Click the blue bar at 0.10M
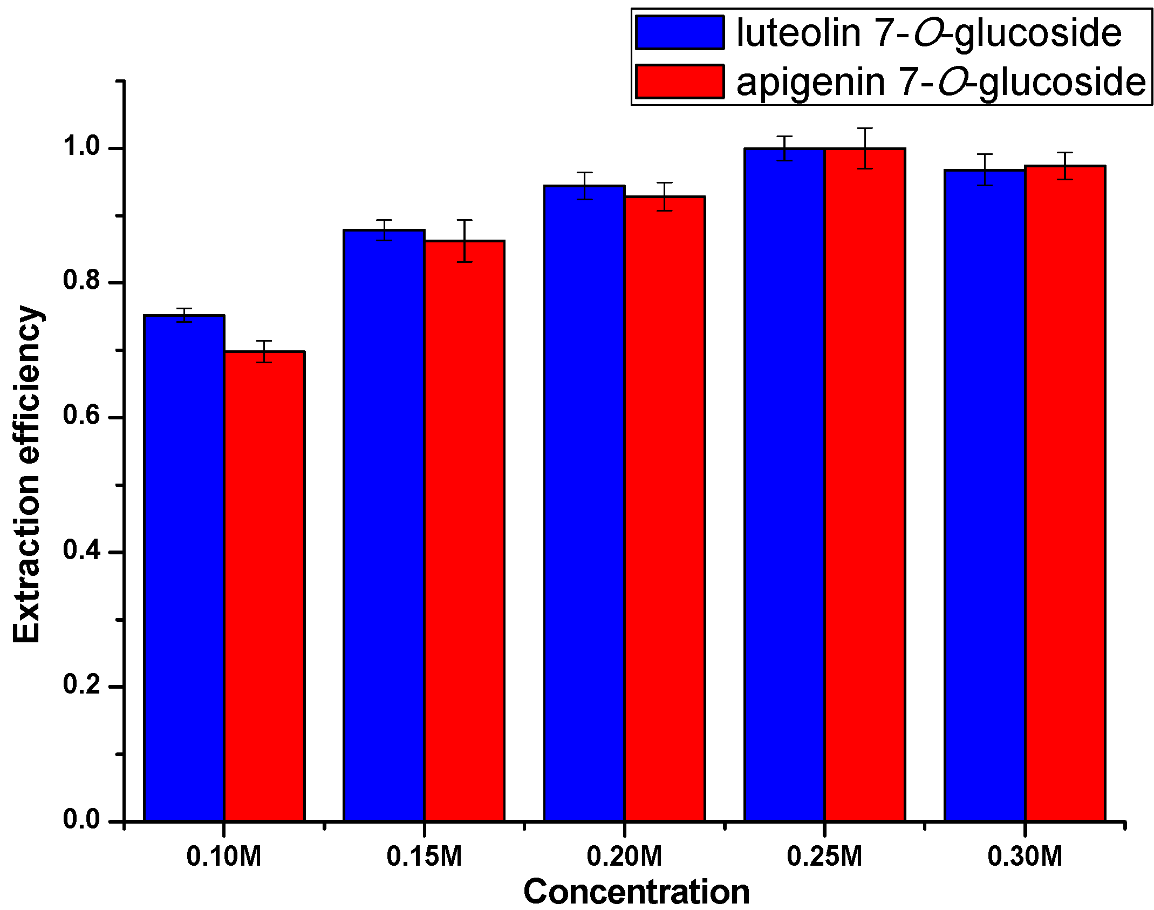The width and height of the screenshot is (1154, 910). click(x=184, y=567)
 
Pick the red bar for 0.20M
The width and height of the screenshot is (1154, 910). click(x=665, y=507)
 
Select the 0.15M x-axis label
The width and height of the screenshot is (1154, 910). click(x=424, y=857)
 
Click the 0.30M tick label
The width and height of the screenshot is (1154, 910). click(x=1025, y=857)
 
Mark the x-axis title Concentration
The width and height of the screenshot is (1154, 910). click(x=636, y=892)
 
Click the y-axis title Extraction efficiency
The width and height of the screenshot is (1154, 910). click(x=27, y=474)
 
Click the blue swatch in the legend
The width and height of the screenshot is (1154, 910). click(x=679, y=32)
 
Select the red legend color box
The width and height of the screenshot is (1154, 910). click(x=679, y=82)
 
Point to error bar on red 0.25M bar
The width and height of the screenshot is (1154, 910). click(x=864, y=148)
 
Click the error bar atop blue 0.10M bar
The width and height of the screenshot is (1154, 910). click(x=184, y=315)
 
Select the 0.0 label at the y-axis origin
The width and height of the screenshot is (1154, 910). click(x=81, y=819)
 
